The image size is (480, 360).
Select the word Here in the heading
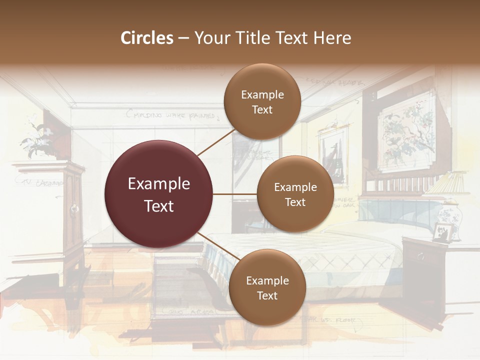click(x=332, y=38)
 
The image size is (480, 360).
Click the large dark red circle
click(x=158, y=194)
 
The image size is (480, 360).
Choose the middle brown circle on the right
click(x=295, y=194)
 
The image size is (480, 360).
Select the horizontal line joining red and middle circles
click(x=235, y=194)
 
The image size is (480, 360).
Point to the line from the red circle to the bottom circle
click(x=219, y=246)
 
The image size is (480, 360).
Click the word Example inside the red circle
click(x=158, y=183)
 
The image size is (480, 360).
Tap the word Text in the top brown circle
click(x=262, y=110)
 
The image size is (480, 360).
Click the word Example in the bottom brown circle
click(x=267, y=281)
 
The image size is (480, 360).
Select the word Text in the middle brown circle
click(x=295, y=202)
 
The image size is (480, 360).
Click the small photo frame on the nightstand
click(x=442, y=232)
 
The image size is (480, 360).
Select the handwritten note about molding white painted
click(x=173, y=116)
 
